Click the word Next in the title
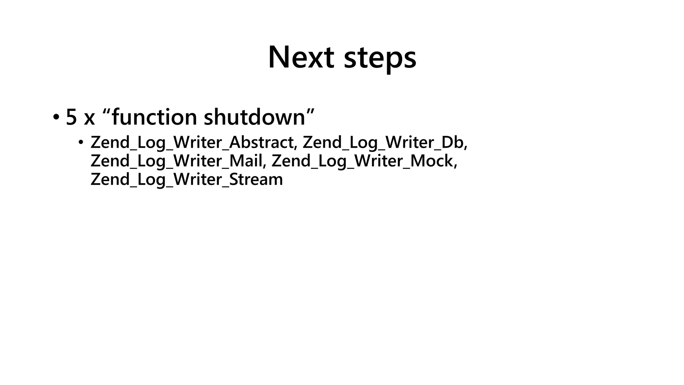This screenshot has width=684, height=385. [301, 57]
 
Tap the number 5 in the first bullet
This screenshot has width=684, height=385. [71, 117]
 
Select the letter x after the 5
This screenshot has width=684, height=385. [89, 119]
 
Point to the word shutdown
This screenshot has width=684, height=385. [254, 117]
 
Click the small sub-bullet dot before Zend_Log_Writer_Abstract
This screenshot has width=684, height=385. [80, 143]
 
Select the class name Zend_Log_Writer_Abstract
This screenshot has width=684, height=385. [192, 142]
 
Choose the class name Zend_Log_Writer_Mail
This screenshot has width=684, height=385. [176, 161]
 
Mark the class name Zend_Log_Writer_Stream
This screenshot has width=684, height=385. [187, 179]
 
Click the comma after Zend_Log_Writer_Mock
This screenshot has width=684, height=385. [455, 165]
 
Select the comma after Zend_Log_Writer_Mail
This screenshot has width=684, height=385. [265, 165]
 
